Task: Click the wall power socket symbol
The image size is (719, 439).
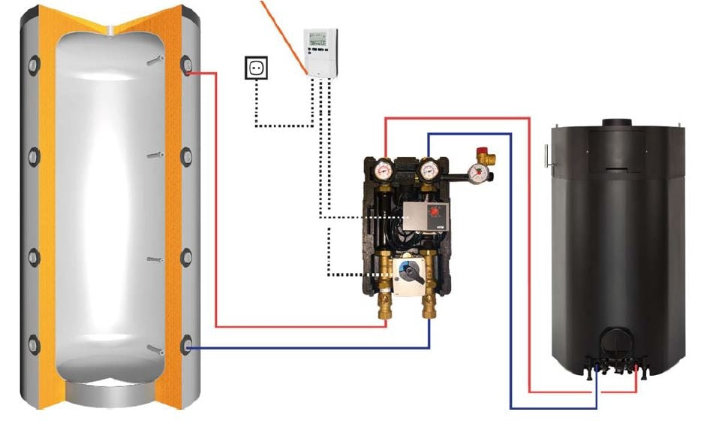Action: pos(257,69)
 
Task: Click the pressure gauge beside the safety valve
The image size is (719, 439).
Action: pos(477,174)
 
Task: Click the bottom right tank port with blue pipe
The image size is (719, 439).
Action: pos(187,347)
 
